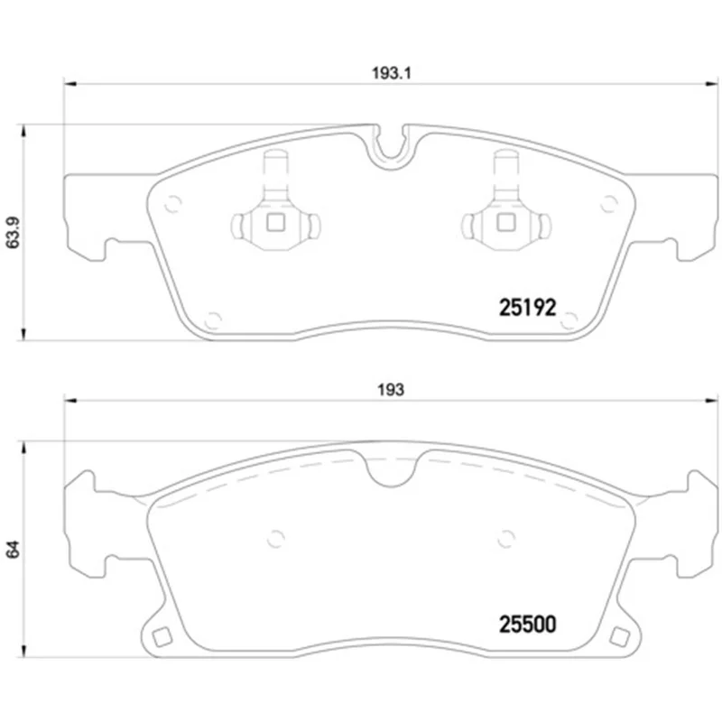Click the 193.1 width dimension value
coord(391,73)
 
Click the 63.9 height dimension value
coord(13,233)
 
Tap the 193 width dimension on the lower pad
coord(391,390)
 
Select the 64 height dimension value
coord(13,550)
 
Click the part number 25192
coord(528,307)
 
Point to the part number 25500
coord(528,625)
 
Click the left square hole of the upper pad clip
coord(276,223)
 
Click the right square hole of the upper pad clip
coord(506,223)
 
